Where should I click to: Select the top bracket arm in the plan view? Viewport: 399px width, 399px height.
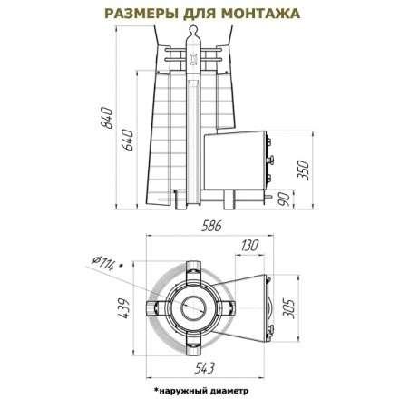(x=191, y=269)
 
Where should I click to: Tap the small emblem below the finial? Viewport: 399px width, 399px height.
(x=191, y=63)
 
